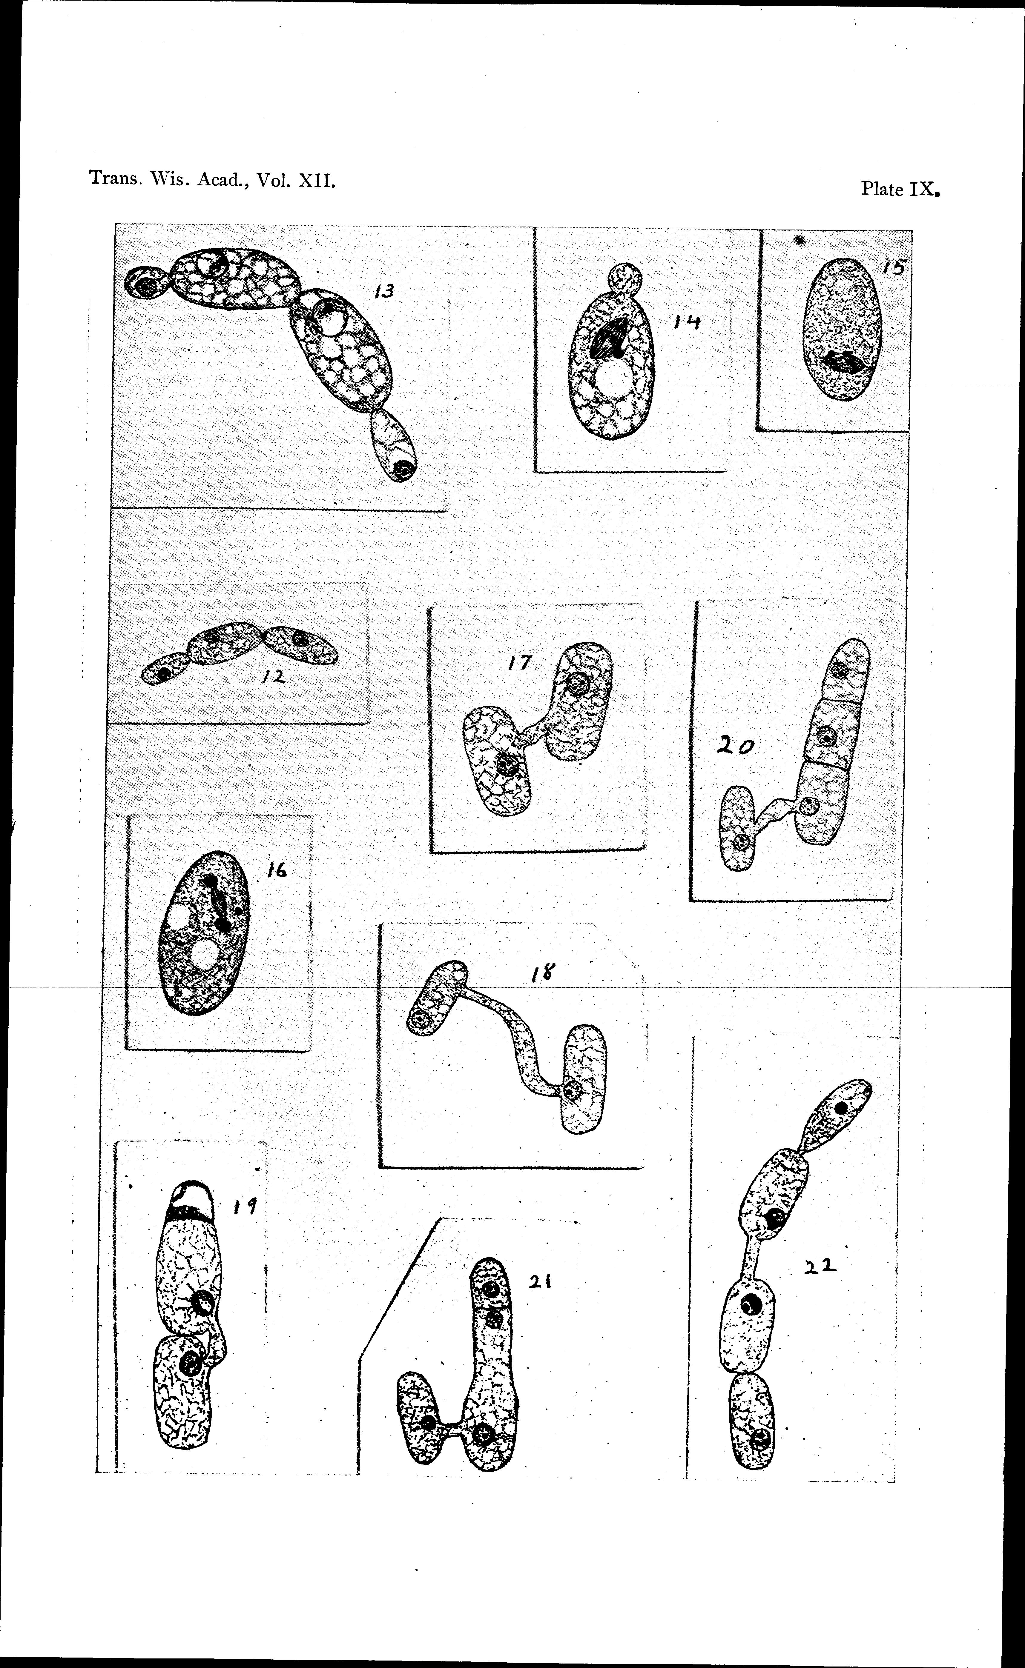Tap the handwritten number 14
687,324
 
